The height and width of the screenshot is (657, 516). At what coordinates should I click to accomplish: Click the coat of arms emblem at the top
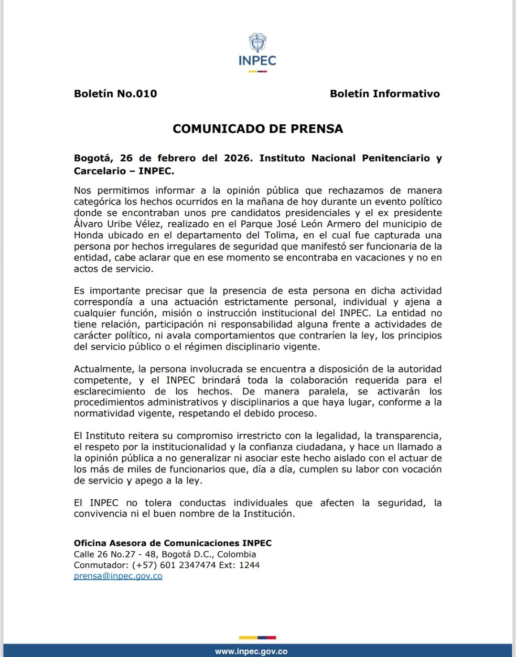pyautogui.click(x=258, y=43)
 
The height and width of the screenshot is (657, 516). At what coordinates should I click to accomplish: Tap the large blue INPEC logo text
pyautogui.click(x=258, y=61)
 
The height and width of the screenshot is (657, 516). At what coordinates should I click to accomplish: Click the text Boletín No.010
pyautogui.click(x=115, y=94)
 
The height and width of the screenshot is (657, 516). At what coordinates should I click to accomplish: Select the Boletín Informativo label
pyautogui.click(x=385, y=94)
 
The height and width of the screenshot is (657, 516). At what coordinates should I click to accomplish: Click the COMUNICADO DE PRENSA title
pyautogui.click(x=258, y=129)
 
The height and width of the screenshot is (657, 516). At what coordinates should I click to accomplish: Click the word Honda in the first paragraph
pyautogui.click(x=89, y=235)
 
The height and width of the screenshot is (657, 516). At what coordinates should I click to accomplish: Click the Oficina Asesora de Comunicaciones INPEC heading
pyautogui.click(x=172, y=543)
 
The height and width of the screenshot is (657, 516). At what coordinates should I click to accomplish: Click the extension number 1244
pyautogui.click(x=249, y=565)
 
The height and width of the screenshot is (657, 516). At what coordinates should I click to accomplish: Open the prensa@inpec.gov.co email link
pyautogui.click(x=118, y=576)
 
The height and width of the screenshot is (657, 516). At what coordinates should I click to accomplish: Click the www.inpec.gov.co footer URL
pyautogui.click(x=251, y=651)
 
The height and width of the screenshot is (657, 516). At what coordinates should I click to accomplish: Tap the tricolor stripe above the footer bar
pyautogui.click(x=258, y=637)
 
